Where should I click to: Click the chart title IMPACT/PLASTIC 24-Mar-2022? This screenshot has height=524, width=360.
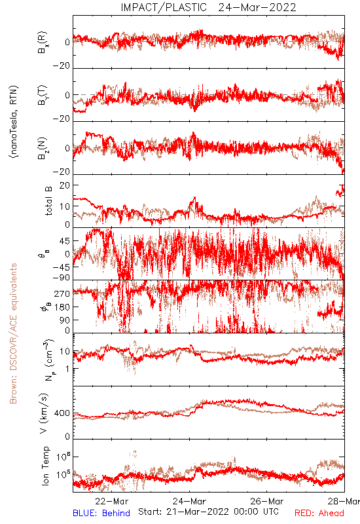tap(208, 7)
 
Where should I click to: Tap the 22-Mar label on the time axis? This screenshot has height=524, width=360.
tap(111, 501)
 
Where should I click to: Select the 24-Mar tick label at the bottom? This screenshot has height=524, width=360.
tap(189, 501)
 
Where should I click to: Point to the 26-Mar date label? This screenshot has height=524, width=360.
tap(267, 501)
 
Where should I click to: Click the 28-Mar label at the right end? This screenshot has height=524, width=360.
tap(344, 501)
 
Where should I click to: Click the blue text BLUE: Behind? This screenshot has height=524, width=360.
tap(101, 513)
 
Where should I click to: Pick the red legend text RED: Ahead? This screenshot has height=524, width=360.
tap(319, 513)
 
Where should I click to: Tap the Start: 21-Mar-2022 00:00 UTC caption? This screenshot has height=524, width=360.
tap(208, 512)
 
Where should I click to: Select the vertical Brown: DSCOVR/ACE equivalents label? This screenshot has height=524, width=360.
tap(13, 333)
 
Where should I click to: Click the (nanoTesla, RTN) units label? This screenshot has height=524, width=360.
tap(14, 122)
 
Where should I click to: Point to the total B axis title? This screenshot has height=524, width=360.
tap(48, 201)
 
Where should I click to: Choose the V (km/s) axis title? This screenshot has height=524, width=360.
tap(45, 413)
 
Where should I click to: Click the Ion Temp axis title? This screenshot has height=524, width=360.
tap(45, 466)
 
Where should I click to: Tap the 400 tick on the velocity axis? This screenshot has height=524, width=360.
tap(62, 413)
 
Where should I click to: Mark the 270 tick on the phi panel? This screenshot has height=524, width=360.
tap(62, 293)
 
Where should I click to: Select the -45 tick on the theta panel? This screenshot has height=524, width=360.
tap(62, 267)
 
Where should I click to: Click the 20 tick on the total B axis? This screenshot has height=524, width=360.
tap(65, 185)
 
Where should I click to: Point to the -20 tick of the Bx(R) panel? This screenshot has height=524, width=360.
tap(62, 66)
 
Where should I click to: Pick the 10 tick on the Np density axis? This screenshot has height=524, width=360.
tap(65, 352)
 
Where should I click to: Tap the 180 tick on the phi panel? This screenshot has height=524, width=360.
tap(62, 307)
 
